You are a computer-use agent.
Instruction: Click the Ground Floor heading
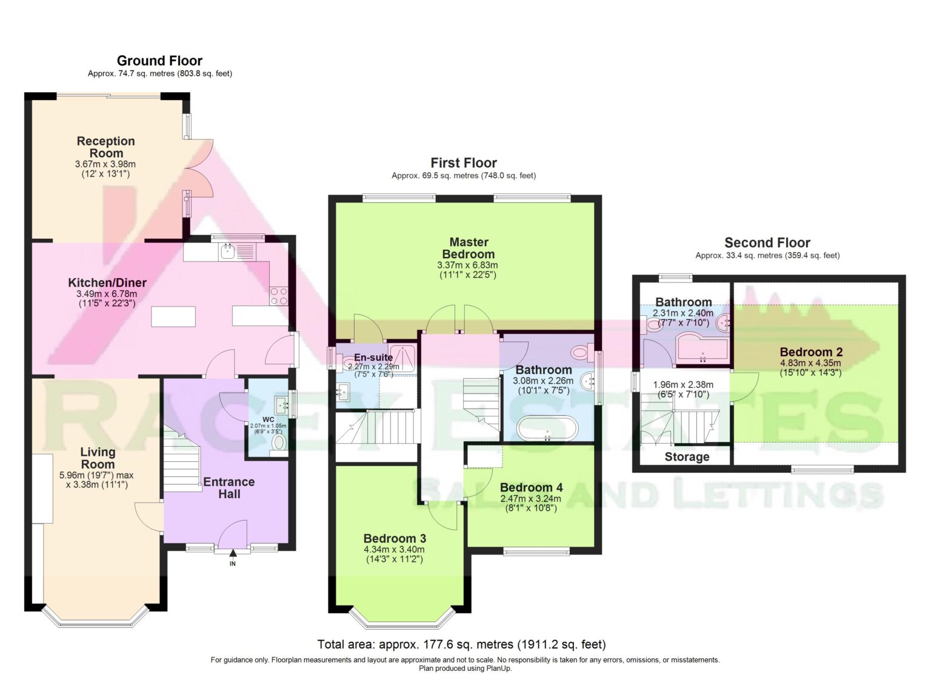(159, 61)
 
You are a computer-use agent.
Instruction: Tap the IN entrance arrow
(233, 553)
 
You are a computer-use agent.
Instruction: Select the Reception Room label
(106, 147)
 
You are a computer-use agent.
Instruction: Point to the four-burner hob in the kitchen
(278, 296)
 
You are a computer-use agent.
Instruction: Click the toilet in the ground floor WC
(279, 442)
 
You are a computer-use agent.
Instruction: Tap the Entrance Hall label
(229, 488)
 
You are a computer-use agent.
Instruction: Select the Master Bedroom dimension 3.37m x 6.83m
(467, 265)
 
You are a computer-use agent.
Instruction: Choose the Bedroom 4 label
(531, 487)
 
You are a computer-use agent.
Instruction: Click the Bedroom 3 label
(395, 539)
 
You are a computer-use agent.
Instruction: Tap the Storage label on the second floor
(687, 457)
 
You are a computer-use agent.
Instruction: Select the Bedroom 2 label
(811, 352)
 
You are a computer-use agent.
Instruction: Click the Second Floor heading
(767, 242)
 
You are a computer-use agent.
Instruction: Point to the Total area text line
(461, 644)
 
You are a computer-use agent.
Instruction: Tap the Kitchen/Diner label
(107, 282)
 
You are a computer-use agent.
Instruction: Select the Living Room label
(98, 458)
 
